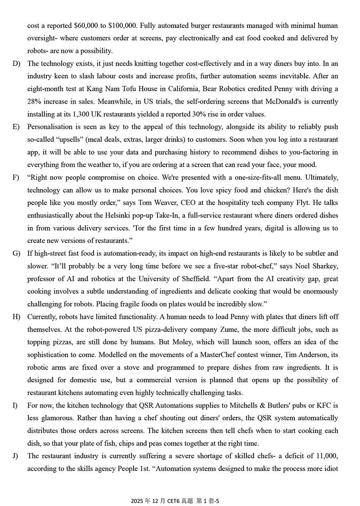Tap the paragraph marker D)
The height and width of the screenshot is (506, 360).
(x=16, y=64)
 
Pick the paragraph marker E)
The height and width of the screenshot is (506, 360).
(x=16, y=127)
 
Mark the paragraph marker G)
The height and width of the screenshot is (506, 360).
(x=16, y=253)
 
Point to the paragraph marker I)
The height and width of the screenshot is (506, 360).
(x=15, y=406)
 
